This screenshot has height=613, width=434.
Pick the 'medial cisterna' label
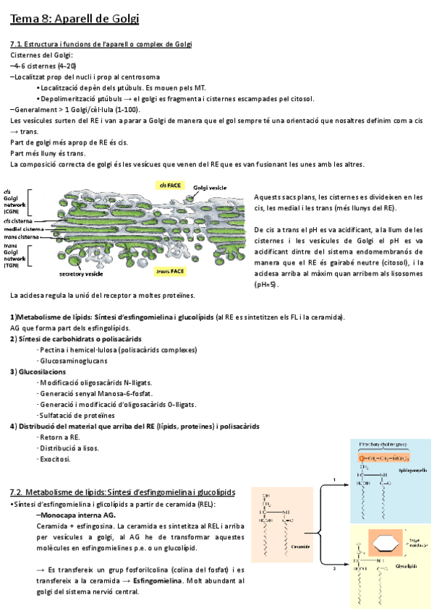24,228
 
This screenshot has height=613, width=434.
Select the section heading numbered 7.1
101,45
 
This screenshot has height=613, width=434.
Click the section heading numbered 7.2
123,492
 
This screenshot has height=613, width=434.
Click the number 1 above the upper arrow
333,479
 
